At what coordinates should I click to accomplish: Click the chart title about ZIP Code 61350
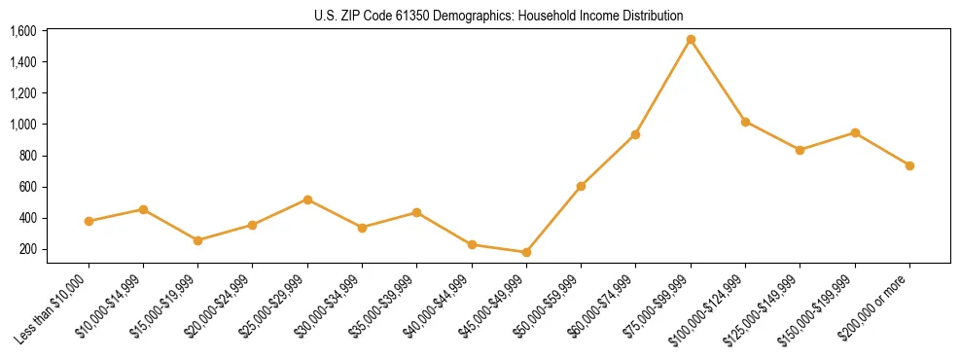pos(499,16)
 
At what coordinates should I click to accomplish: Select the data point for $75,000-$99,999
pos(691,40)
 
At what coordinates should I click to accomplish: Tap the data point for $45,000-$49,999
pos(526,252)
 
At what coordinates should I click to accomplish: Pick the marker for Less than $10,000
pos(89,221)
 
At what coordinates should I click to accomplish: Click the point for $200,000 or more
pos(909,165)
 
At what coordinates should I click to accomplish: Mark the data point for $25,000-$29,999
pos(307,199)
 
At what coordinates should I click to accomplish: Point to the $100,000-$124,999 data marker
pos(745,122)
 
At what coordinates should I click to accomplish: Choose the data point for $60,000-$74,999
pos(635,134)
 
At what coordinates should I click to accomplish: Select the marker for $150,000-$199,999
pos(855,132)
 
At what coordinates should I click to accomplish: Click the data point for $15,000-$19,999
pos(198,240)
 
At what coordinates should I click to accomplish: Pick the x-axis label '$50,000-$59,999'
pos(548,307)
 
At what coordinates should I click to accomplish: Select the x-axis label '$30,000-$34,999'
pos(329,307)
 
